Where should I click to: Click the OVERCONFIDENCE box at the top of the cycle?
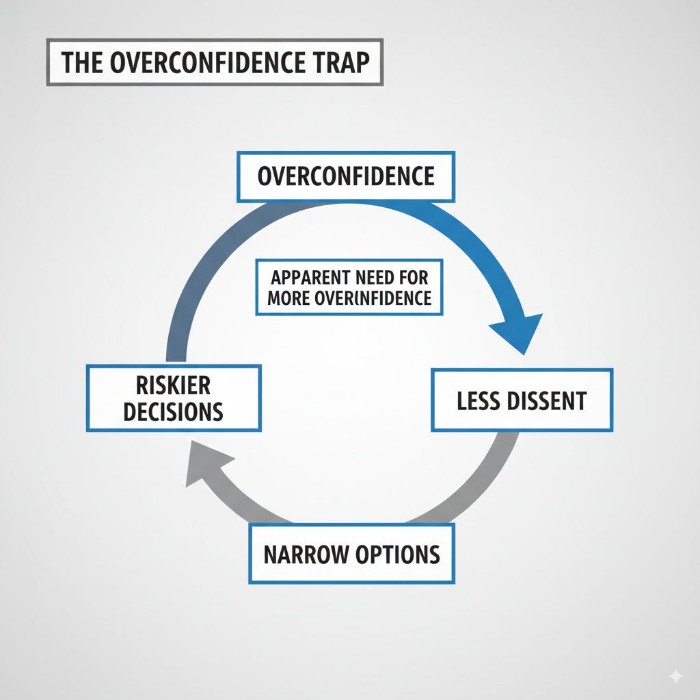[x=346, y=176]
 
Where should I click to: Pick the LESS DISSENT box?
[x=522, y=400]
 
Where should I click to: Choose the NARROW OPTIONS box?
[x=351, y=554]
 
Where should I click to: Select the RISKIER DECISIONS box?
[x=174, y=399]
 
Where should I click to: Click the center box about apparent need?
[x=349, y=288]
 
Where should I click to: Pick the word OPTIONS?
[x=397, y=554]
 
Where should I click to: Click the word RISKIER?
[x=174, y=386]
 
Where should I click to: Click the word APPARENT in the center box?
[x=308, y=278]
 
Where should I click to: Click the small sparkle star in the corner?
[x=675, y=675]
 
